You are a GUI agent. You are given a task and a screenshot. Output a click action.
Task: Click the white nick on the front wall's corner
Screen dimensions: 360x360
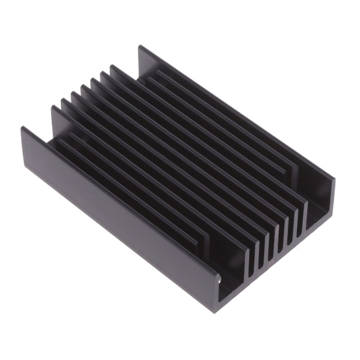pos(219,276)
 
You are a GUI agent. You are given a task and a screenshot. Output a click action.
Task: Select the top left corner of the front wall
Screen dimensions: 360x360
pos(22,129)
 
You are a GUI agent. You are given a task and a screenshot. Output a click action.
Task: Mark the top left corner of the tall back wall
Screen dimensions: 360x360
pos(139,46)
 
